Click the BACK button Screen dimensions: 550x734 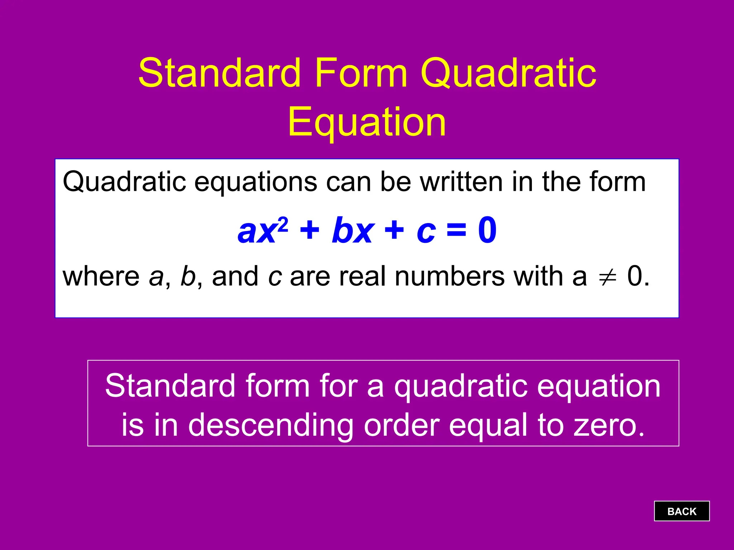tap(681, 511)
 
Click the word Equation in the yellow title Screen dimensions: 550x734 tap(367, 123)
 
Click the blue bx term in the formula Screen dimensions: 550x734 tap(353, 231)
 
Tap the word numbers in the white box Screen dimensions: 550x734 tap(449, 276)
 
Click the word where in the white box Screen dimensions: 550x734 tap(101, 276)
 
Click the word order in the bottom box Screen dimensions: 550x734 tap(401, 425)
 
